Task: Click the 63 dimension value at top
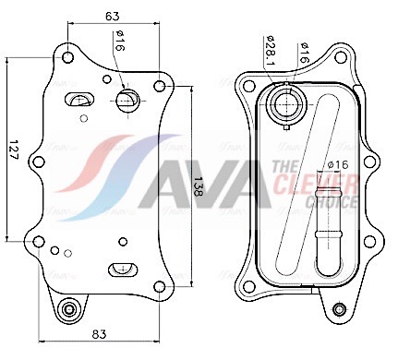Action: (112, 17)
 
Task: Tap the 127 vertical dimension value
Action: (14, 150)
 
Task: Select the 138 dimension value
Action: (198, 186)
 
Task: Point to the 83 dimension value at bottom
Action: (99, 334)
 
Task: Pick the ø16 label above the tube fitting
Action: (338, 165)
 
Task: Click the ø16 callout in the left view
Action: (120, 41)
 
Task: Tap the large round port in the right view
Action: (286, 104)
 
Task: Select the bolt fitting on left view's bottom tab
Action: (69, 309)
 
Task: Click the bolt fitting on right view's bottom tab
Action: (340, 309)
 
